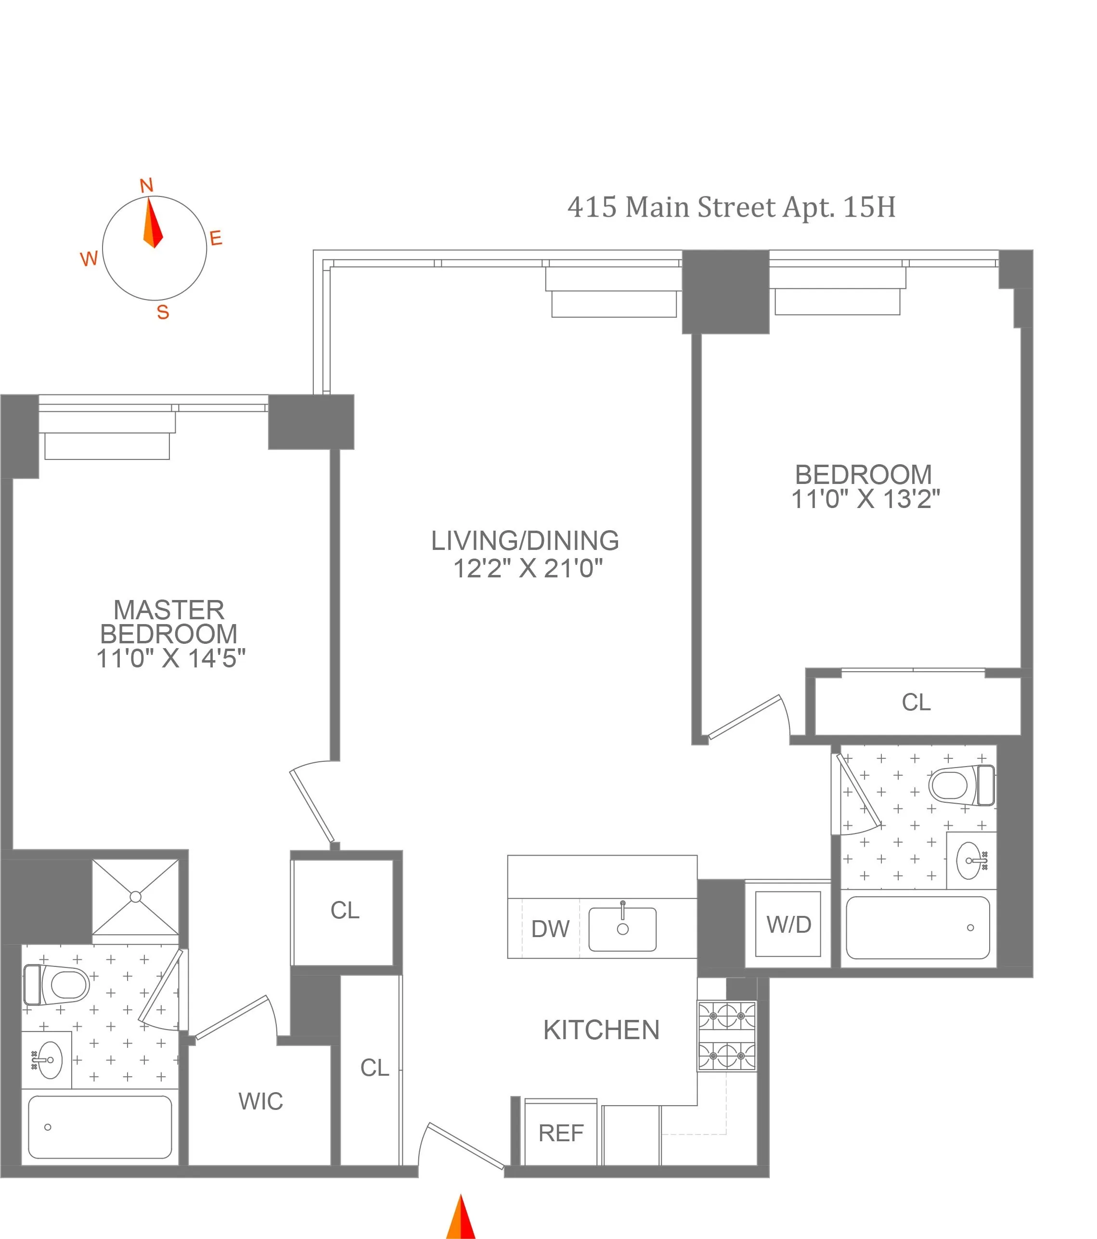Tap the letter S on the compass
tap(162, 313)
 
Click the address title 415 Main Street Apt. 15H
tap(731, 208)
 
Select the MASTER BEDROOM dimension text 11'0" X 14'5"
tap(171, 658)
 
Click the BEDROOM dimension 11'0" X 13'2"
tap(865, 499)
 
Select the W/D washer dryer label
tap(788, 925)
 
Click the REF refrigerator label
tap(561, 1134)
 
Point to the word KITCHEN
tap(601, 1030)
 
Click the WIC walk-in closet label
tap(260, 1101)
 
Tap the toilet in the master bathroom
tap(58, 985)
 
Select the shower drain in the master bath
tap(136, 897)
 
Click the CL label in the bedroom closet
tap(916, 703)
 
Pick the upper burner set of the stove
tap(727, 1016)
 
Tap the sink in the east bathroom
tap(972, 860)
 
